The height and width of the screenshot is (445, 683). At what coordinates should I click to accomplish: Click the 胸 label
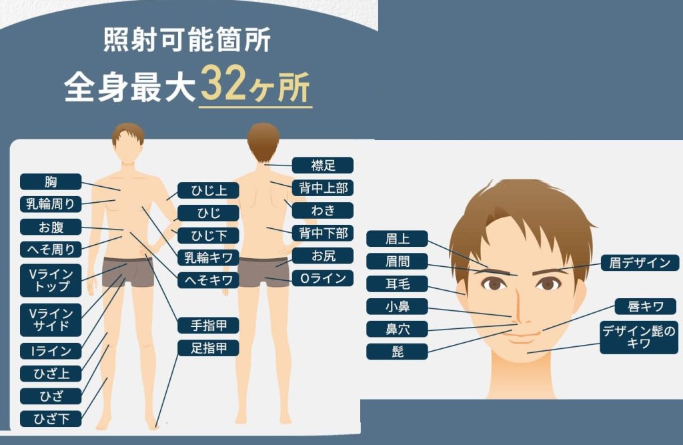coord(51,181)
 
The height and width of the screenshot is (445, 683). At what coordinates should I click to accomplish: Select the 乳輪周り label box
coord(51,204)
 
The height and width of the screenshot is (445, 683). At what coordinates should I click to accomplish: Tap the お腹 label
coord(51,227)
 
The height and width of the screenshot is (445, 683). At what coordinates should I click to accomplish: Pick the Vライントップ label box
coord(51,280)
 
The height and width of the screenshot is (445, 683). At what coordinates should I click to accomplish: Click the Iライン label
coord(51,351)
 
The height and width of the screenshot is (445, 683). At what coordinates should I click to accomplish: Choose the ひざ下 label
coord(51,419)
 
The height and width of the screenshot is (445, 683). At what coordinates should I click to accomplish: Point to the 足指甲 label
coord(208,348)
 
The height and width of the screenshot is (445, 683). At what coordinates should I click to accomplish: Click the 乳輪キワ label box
coord(208,257)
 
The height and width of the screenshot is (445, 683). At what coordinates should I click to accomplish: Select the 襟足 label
coord(322,165)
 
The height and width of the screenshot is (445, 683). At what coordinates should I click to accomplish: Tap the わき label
coord(322,211)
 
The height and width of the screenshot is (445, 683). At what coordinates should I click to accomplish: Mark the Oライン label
coord(322,278)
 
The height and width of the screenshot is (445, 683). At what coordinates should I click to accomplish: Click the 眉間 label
coord(397,262)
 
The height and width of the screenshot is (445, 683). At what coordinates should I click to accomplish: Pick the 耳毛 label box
coord(397,284)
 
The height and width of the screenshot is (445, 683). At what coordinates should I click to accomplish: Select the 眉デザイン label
coord(640,263)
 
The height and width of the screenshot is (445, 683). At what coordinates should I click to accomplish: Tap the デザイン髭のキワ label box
coord(639,338)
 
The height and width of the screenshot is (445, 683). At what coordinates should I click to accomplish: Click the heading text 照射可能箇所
coord(187,39)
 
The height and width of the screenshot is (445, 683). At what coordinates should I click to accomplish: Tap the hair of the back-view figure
coord(263,139)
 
